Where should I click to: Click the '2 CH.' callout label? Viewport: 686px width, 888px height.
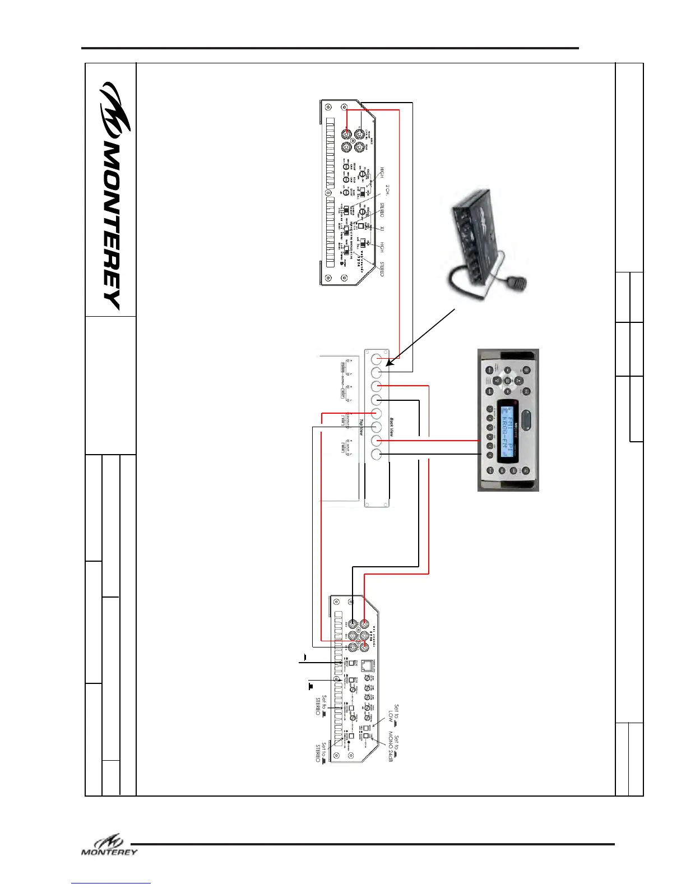coord(387,191)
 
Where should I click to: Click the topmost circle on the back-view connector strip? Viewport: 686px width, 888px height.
coord(377,358)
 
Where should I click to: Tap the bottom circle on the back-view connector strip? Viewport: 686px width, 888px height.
coord(377,455)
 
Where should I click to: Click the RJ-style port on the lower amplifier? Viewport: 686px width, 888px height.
coord(366,665)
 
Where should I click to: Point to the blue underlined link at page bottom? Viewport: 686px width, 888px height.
coord(111,883)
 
